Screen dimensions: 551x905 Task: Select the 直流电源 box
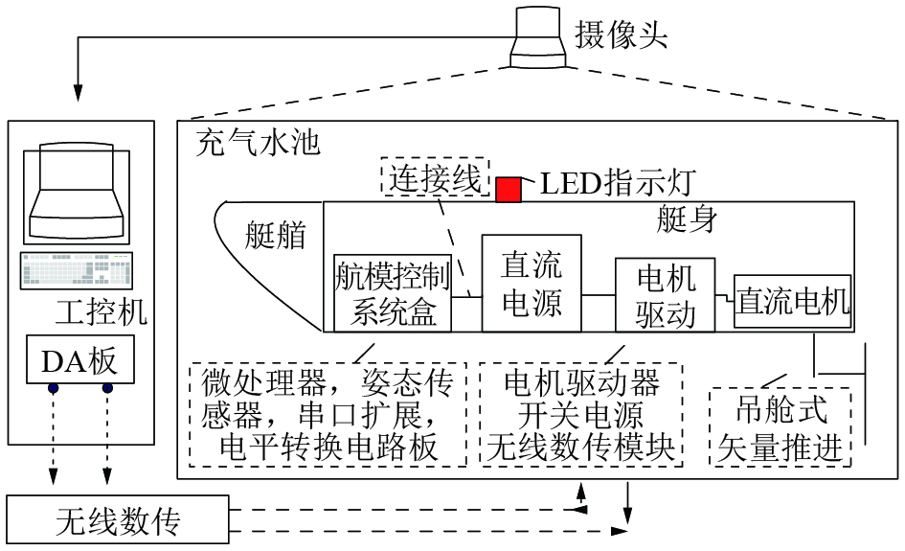[x=531, y=283]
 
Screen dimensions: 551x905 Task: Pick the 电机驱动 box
[x=666, y=295]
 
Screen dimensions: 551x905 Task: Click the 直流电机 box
[x=793, y=302]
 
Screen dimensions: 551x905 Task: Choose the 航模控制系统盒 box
[x=393, y=292]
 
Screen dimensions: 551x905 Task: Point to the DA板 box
[x=79, y=360]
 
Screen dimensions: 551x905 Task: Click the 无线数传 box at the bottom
[x=118, y=522]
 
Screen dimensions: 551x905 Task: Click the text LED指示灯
[x=617, y=182]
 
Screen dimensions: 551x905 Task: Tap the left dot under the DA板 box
[x=54, y=388]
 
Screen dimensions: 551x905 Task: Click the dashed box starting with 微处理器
[x=328, y=414]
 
